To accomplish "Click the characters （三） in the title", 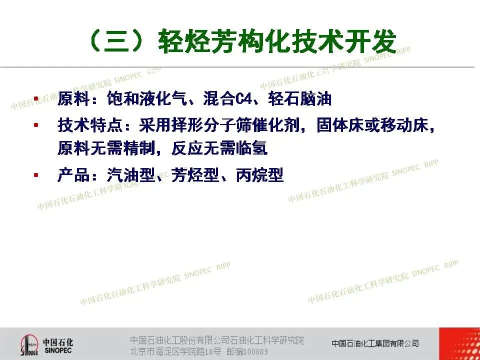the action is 117,41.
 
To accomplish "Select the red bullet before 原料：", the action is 36,98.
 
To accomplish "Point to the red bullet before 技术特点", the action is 36,124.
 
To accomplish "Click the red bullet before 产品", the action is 36,175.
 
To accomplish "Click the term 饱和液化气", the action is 146,99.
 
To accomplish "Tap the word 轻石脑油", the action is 299,99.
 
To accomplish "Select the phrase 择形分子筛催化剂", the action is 235,125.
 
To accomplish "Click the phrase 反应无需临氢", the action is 219,148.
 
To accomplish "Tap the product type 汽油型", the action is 130,175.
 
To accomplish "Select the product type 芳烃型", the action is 195,175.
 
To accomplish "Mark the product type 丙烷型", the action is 259,175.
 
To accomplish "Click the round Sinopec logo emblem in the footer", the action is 29,345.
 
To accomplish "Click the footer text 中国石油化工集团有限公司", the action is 375,343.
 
